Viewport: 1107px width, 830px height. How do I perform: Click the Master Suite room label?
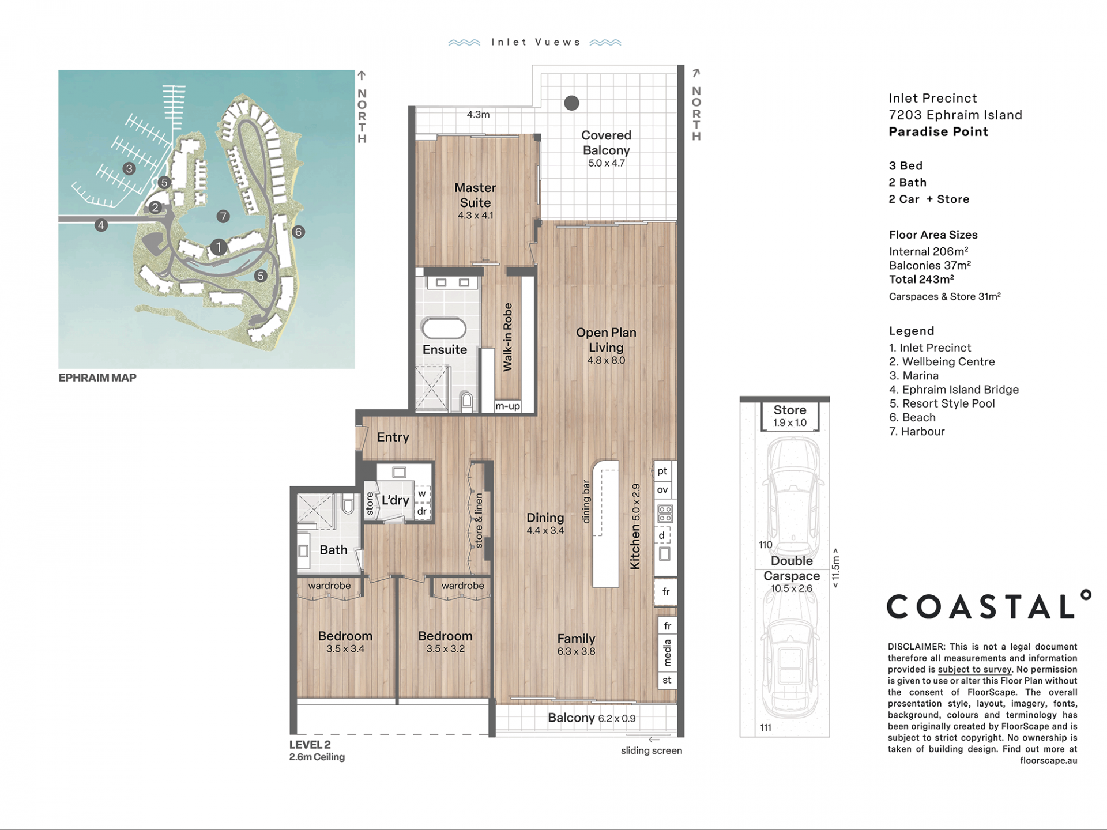click(475, 195)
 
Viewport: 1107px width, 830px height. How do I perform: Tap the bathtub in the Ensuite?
click(444, 329)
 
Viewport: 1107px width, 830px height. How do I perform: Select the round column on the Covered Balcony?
click(571, 103)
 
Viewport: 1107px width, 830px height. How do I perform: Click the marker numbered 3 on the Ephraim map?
click(129, 168)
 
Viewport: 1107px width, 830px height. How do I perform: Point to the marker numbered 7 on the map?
click(223, 216)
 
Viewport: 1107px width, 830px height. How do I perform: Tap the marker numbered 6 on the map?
click(298, 232)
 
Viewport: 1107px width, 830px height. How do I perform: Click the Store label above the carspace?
click(790, 410)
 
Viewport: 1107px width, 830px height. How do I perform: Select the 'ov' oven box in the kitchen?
click(662, 490)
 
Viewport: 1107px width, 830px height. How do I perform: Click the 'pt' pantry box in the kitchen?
click(662, 471)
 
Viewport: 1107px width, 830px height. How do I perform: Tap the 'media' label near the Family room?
click(668, 652)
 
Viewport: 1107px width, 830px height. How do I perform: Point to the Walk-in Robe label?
click(507, 337)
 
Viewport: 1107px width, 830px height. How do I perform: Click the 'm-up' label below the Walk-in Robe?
click(507, 406)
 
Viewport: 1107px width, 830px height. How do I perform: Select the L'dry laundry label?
click(395, 500)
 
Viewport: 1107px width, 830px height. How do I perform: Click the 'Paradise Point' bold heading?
click(938, 131)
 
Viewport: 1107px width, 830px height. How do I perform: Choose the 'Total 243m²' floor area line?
click(921, 279)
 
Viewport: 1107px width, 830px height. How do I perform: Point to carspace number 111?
click(766, 727)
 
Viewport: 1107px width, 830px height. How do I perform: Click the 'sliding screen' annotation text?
click(652, 750)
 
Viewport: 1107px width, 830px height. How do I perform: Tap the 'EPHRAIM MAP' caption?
click(97, 378)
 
